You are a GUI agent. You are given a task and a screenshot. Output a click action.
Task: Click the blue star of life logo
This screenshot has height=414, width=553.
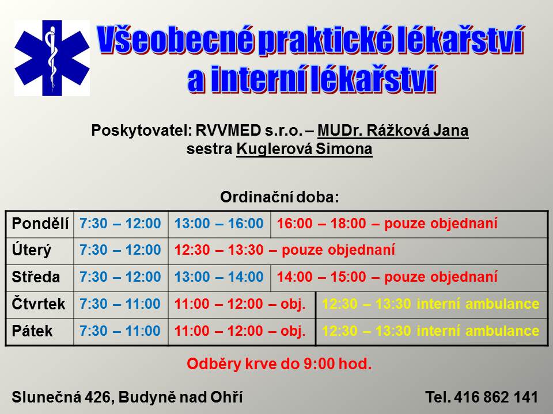tap(52, 58)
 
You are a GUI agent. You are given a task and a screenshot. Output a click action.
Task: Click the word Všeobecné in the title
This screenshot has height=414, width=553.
tap(175, 40)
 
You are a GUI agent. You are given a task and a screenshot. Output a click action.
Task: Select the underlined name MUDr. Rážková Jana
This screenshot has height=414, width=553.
tap(393, 131)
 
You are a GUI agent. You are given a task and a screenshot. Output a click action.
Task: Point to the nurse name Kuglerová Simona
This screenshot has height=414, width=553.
tap(304, 149)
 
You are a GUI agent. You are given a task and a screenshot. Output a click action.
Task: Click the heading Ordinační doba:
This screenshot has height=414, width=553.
tap(279, 197)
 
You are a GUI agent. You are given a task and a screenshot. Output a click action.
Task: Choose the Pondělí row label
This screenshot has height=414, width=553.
tap(40, 224)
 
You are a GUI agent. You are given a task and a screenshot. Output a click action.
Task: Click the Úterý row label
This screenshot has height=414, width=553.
tap(31, 250)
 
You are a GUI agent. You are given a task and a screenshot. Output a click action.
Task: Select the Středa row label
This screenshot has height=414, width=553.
tap(36, 277)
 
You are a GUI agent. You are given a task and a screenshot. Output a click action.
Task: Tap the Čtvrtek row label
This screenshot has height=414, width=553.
tap(39, 304)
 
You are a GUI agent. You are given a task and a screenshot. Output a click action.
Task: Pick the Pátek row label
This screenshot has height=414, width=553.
tap(32, 331)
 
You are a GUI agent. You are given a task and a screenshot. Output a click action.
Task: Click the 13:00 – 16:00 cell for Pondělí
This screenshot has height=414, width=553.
tap(219, 224)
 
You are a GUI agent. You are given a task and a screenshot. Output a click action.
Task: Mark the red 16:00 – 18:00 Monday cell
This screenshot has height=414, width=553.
tap(387, 224)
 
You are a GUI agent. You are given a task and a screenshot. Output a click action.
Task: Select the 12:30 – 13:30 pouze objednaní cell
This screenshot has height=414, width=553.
tap(285, 250)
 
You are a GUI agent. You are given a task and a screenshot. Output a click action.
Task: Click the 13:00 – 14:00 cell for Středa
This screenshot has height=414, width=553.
tap(219, 277)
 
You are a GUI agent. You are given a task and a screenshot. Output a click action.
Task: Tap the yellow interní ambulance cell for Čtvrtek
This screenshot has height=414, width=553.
tap(431, 304)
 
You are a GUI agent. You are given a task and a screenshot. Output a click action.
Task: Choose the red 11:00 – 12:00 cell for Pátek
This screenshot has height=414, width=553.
tap(240, 331)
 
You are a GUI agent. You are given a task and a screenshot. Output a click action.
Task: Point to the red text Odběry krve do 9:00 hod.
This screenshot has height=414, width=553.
tap(279, 364)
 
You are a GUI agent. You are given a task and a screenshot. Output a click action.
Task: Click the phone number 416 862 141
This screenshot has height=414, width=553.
tap(496, 397)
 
